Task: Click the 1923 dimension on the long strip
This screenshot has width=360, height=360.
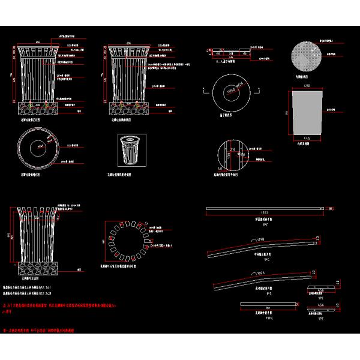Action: click(x=265, y=213)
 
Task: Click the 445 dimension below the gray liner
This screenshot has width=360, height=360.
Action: click(x=306, y=139)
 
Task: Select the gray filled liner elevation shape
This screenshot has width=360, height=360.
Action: click(x=307, y=113)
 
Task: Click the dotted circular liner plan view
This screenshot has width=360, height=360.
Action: click(x=306, y=59)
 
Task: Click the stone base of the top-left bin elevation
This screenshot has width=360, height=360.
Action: click(x=37, y=109)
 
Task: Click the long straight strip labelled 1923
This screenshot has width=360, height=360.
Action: click(x=265, y=209)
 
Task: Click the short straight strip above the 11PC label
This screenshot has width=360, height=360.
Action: click(x=268, y=304)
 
